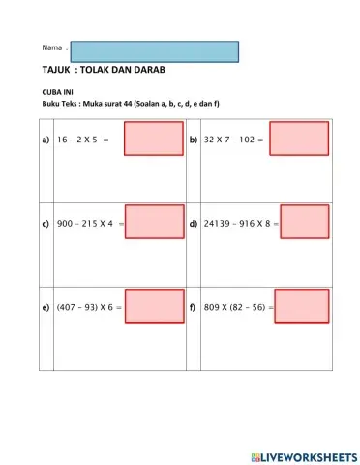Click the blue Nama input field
[155, 51]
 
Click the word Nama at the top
[52, 47]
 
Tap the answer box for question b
[299, 139]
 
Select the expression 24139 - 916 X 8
[238, 224]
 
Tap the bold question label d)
[194, 224]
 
